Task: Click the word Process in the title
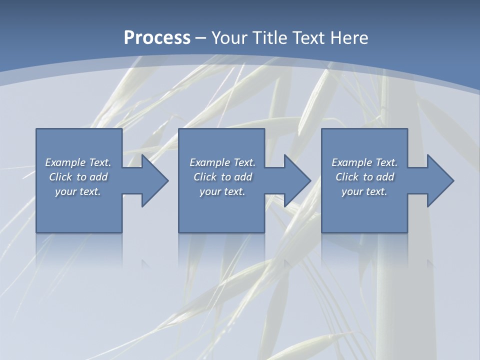tap(157, 38)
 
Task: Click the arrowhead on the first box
tap(152, 180)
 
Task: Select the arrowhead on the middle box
tap(295, 180)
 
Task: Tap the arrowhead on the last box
tap(438, 180)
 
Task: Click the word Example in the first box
tap(65, 162)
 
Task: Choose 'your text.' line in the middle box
tap(222, 191)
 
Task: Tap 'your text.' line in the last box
tap(364, 191)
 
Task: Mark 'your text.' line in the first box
tap(78, 191)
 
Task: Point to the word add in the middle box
tap(243, 177)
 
